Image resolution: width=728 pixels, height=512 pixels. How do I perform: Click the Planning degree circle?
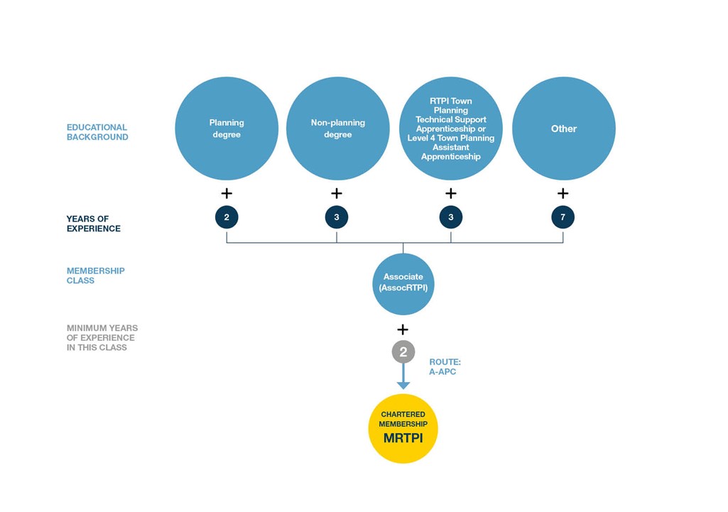(227, 129)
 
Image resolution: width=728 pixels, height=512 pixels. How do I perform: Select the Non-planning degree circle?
(337, 129)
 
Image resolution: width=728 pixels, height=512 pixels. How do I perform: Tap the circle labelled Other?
(564, 129)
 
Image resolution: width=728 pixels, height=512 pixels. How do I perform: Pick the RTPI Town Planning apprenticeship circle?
(451, 129)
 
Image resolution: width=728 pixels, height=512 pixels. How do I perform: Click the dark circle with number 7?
(563, 217)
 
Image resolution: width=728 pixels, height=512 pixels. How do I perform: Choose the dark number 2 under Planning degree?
(227, 217)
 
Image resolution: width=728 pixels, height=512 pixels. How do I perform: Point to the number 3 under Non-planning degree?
(337, 217)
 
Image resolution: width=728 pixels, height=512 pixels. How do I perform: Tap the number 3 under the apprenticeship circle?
(451, 217)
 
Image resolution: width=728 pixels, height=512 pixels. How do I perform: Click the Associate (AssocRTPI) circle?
(403, 284)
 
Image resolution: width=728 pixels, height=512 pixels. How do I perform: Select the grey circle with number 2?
(403, 352)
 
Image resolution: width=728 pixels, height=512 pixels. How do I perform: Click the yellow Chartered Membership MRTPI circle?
(403, 428)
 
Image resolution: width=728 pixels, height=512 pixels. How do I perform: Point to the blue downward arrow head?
(403, 386)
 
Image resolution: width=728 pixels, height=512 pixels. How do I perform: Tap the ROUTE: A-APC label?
(445, 366)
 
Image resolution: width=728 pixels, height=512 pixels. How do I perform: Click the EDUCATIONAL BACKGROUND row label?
(97, 132)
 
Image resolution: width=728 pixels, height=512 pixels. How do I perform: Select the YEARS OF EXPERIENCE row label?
(93, 224)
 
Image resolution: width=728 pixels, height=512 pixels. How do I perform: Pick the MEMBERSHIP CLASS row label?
(96, 276)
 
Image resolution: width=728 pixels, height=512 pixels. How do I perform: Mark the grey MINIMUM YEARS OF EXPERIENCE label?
(102, 338)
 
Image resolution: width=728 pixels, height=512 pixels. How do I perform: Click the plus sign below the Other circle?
(563, 193)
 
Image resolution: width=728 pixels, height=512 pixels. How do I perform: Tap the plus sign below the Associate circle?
(403, 329)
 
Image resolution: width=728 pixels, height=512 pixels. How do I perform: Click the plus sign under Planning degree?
(227, 193)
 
